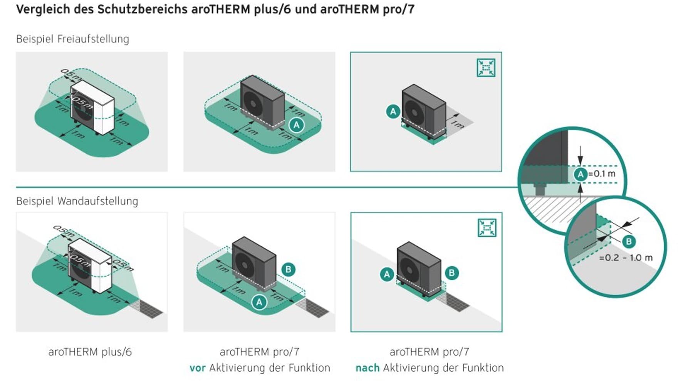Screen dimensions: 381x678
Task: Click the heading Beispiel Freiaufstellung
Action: click(x=72, y=39)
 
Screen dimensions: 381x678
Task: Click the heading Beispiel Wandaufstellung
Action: click(x=77, y=201)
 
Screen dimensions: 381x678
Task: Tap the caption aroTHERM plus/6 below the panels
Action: click(x=90, y=352)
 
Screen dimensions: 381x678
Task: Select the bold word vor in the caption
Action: click(x=197, y=368)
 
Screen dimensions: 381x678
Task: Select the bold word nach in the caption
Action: click(x=367, y=368)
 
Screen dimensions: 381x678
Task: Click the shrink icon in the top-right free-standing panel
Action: click(x=486, y=68)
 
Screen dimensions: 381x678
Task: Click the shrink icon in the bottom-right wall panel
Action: click(x=487, y=227)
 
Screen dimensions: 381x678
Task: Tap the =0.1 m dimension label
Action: click(x=602, y=174)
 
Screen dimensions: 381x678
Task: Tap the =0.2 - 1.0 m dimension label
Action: click(x=626, y=258)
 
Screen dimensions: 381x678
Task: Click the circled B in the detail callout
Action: click(x=629, y=242)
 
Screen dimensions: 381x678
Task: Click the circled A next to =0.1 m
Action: click(x=581, y=174)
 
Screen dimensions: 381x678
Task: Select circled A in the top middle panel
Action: click(x=296, y=125)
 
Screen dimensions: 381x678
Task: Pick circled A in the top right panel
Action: click(x=393, y=112)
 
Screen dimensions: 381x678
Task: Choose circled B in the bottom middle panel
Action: click(x=288, y=269)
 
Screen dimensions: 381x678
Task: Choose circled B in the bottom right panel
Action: click(x=451, y=273)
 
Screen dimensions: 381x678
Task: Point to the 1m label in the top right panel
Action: click(x=457, y=124)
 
